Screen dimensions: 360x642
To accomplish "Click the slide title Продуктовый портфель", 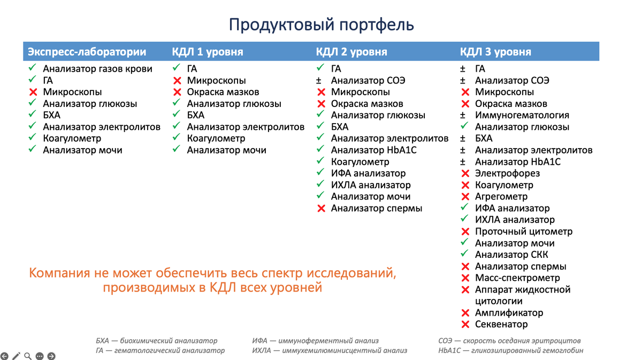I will [321, 25].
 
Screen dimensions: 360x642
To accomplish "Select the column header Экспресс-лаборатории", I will [87, 52].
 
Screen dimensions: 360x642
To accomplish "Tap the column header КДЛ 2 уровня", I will [351, 52].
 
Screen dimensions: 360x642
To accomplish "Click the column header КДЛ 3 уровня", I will [495, 52].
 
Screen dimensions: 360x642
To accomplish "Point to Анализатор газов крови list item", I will [97, 69].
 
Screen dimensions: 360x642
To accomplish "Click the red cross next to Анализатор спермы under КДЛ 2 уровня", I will [321, 209].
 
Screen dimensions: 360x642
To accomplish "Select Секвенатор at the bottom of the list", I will [501, 325].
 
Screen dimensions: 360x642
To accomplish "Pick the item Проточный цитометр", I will [523, 232].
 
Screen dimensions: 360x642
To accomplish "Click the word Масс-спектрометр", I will [517, 278].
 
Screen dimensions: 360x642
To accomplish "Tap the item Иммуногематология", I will [522, 116].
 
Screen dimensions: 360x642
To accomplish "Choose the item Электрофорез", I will [507, 173].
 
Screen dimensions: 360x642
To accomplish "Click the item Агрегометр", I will [501, 197].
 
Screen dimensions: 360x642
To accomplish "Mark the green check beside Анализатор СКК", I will [464, 255].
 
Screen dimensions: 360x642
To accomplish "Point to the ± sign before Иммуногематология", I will [463, 116].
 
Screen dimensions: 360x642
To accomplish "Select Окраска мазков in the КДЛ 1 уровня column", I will [223, 92].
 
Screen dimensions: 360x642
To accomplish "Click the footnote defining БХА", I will [156, 341].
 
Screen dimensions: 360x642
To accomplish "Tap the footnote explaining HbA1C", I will [510, 351].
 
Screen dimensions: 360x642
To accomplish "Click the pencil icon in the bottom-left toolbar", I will [17, 356].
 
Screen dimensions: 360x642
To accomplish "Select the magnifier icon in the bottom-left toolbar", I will [28, 356].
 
